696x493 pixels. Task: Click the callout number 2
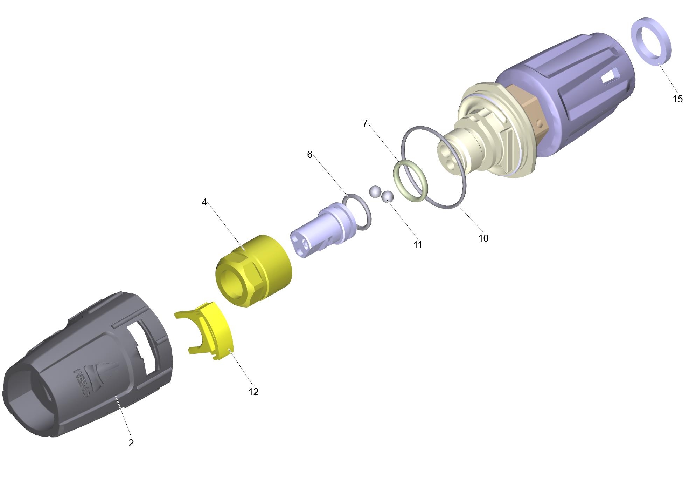pos(131,443)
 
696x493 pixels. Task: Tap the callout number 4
pos(204,202)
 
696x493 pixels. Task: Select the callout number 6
pos(309,155)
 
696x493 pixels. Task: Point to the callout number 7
pos(365,123)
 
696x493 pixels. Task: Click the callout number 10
pos(483,238)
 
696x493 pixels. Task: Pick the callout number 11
pos(418,245)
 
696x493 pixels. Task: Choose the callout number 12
pos(253,392)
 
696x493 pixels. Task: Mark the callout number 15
pos(678,99)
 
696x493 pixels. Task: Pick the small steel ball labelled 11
pos(388,196)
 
